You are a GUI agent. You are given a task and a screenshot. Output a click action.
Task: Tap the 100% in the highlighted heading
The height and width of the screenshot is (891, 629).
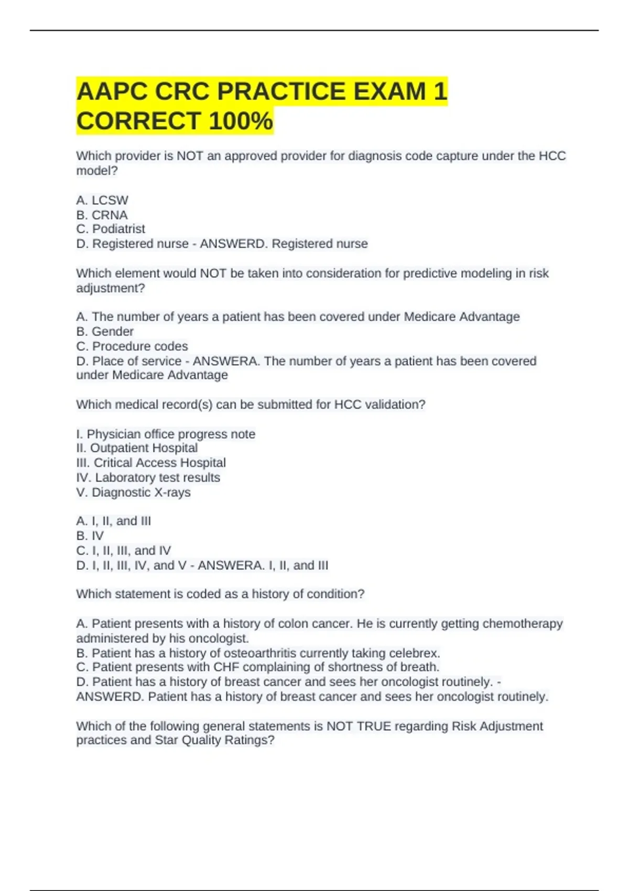241,121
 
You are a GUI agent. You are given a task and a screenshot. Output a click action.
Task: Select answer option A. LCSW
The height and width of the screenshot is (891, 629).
102,200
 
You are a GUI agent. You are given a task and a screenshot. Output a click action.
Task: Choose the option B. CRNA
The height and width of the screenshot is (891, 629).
102,215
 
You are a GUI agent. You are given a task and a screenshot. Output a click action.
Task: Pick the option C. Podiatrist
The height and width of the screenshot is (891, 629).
111,229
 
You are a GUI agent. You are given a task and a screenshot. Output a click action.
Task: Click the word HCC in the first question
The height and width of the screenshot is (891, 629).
552,156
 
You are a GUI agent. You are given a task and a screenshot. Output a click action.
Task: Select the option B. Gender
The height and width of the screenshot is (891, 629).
105,331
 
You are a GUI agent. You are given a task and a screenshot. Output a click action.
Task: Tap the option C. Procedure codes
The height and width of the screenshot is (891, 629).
132,346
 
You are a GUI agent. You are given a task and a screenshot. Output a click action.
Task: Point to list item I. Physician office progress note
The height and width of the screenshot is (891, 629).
166,434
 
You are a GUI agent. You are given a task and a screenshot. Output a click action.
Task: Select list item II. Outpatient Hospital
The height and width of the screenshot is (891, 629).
137,448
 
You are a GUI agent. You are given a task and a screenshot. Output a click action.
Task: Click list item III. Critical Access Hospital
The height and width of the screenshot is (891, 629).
151,463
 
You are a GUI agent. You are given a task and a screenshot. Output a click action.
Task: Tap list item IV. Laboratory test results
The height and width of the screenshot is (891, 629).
148,477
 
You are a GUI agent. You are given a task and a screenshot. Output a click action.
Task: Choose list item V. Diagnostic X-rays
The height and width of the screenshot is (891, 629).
134,493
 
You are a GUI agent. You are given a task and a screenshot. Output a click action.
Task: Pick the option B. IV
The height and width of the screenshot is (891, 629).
90,536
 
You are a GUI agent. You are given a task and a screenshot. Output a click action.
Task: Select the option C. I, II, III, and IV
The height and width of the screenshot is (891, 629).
124,550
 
